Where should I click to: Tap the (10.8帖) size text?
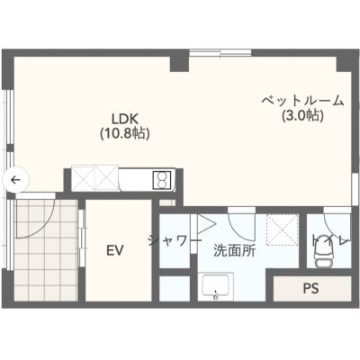124,133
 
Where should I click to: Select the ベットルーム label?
301,101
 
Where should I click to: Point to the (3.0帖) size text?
301,116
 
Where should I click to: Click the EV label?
114,249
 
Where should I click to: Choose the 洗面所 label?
234,251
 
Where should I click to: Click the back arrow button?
15,179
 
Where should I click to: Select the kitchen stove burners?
163,179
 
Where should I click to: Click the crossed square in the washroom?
281,229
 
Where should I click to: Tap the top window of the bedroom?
220,52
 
